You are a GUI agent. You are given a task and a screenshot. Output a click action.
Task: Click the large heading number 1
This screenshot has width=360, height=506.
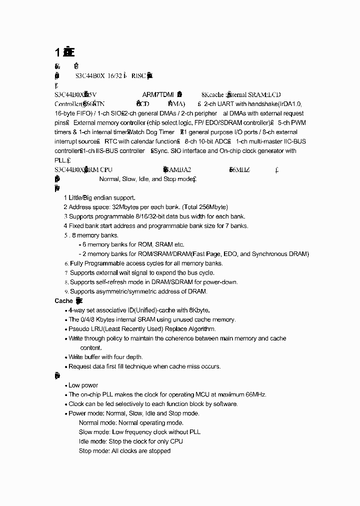point(58,52)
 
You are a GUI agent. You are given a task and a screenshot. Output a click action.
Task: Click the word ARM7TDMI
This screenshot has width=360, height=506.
point(157,94)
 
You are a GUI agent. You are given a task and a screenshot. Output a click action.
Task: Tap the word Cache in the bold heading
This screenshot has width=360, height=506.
point(63,301)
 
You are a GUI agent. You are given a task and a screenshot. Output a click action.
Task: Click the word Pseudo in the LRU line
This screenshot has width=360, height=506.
point(78,329)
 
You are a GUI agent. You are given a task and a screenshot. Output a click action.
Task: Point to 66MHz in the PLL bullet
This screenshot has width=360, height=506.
point(254,394)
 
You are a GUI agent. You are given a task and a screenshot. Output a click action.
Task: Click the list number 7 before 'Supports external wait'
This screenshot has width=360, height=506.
point(66,273)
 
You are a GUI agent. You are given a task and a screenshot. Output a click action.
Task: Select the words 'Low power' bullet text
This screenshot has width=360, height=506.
point(83,385)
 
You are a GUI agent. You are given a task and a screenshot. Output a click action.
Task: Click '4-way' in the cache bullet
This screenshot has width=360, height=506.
point(76,310)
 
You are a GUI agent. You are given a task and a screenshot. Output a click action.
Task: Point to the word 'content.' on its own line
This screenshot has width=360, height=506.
point(91,348)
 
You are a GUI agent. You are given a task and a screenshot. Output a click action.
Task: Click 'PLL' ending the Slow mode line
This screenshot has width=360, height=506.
point(194,432)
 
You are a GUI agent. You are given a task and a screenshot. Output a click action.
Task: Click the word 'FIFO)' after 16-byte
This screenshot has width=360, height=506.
point(86,113)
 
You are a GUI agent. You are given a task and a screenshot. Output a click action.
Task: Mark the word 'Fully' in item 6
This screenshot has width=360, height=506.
point(76,263)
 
